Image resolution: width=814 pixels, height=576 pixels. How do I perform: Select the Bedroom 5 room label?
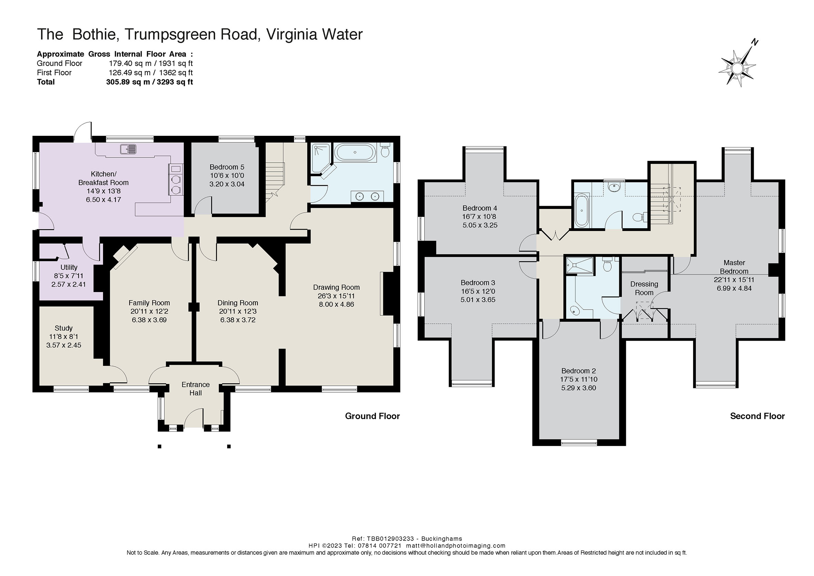point(227,167)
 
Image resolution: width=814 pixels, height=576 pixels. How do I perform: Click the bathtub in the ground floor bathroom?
point(355,152)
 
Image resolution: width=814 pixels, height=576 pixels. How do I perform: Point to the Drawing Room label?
point(336,287)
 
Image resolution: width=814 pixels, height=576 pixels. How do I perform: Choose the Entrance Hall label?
point(196,389)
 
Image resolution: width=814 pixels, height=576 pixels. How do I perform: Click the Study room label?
point(63,328)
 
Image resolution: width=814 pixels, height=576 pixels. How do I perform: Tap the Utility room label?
point(69,267)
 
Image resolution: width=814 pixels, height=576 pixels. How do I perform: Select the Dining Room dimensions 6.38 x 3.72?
point(237,320)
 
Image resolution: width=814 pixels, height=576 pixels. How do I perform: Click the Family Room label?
point(149,303)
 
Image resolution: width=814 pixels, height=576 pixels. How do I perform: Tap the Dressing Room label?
point(644,289)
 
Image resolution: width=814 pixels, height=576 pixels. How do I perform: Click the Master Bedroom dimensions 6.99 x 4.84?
point(734,289)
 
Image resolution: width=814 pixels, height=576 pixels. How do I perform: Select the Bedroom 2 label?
point(579,371)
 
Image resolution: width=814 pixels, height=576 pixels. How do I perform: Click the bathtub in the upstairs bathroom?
point(581,210)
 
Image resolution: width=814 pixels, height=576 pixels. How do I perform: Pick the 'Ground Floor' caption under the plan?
point(372,416)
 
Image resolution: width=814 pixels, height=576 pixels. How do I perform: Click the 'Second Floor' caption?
point(757,416)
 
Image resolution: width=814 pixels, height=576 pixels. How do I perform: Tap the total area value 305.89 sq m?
point(128,82)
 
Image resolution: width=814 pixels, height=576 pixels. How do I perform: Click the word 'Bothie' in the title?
point(94,34)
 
